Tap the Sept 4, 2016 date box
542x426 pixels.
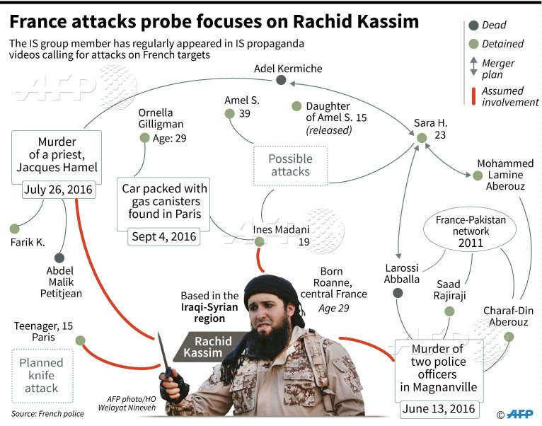[x=164, y=236]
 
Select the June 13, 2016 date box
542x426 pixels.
[x=439, y=409]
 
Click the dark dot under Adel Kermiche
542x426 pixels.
[x=281, y=81]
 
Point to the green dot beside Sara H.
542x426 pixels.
[x=422, y=139]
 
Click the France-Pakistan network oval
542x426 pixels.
[x=471, y=231]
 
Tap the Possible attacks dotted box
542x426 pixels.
[x=289, y=165]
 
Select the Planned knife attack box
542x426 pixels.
[x=41, y=375]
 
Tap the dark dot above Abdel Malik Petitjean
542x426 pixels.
[x=59, y=258]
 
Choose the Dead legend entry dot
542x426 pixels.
[x=473, y=26]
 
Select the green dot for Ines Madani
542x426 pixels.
[x=259, y=242]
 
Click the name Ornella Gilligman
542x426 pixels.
[x=156, y=118]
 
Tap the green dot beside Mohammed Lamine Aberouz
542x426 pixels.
[x=478, y=175]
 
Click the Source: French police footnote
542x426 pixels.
[x=47, y=413]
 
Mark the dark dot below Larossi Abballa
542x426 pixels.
[x=398, y=292]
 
